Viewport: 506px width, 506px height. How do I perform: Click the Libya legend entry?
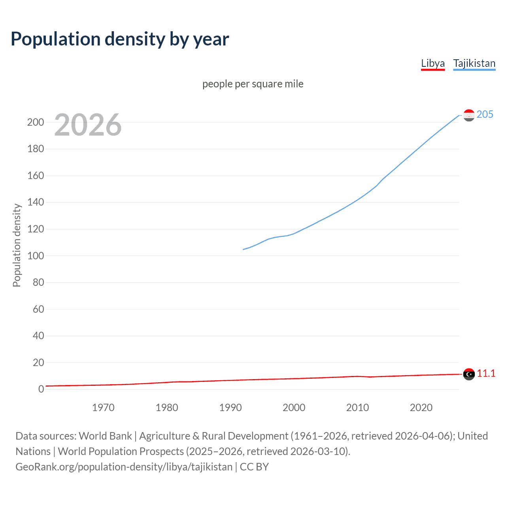point(433,63)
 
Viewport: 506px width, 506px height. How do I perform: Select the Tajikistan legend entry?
point(474,63)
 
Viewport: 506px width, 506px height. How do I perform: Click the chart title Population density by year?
point(120,39)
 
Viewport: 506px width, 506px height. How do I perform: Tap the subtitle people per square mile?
point(253,84)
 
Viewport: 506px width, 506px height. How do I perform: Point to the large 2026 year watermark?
point(88,125)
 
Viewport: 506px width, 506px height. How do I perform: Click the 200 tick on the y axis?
point(36,122)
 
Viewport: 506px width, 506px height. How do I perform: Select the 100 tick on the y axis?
point(36,256)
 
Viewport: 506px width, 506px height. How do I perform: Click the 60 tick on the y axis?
point(38,309)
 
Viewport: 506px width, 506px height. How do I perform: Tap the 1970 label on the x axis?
point(103,408)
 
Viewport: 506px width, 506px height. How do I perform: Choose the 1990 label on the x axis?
point(230,408)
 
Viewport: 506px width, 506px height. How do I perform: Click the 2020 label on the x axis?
point(421,408)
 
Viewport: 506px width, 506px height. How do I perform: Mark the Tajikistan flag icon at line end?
point(469,115)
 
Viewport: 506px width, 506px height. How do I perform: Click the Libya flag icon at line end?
point(469,374)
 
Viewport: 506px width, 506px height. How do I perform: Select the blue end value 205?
point(485,114)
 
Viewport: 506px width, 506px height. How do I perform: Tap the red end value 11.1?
point(486,373)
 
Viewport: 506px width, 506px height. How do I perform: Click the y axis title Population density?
point(17,245)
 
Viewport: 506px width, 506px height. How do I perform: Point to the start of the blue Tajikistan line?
point(243,249)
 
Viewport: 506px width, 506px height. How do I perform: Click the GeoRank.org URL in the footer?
point(124,467)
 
